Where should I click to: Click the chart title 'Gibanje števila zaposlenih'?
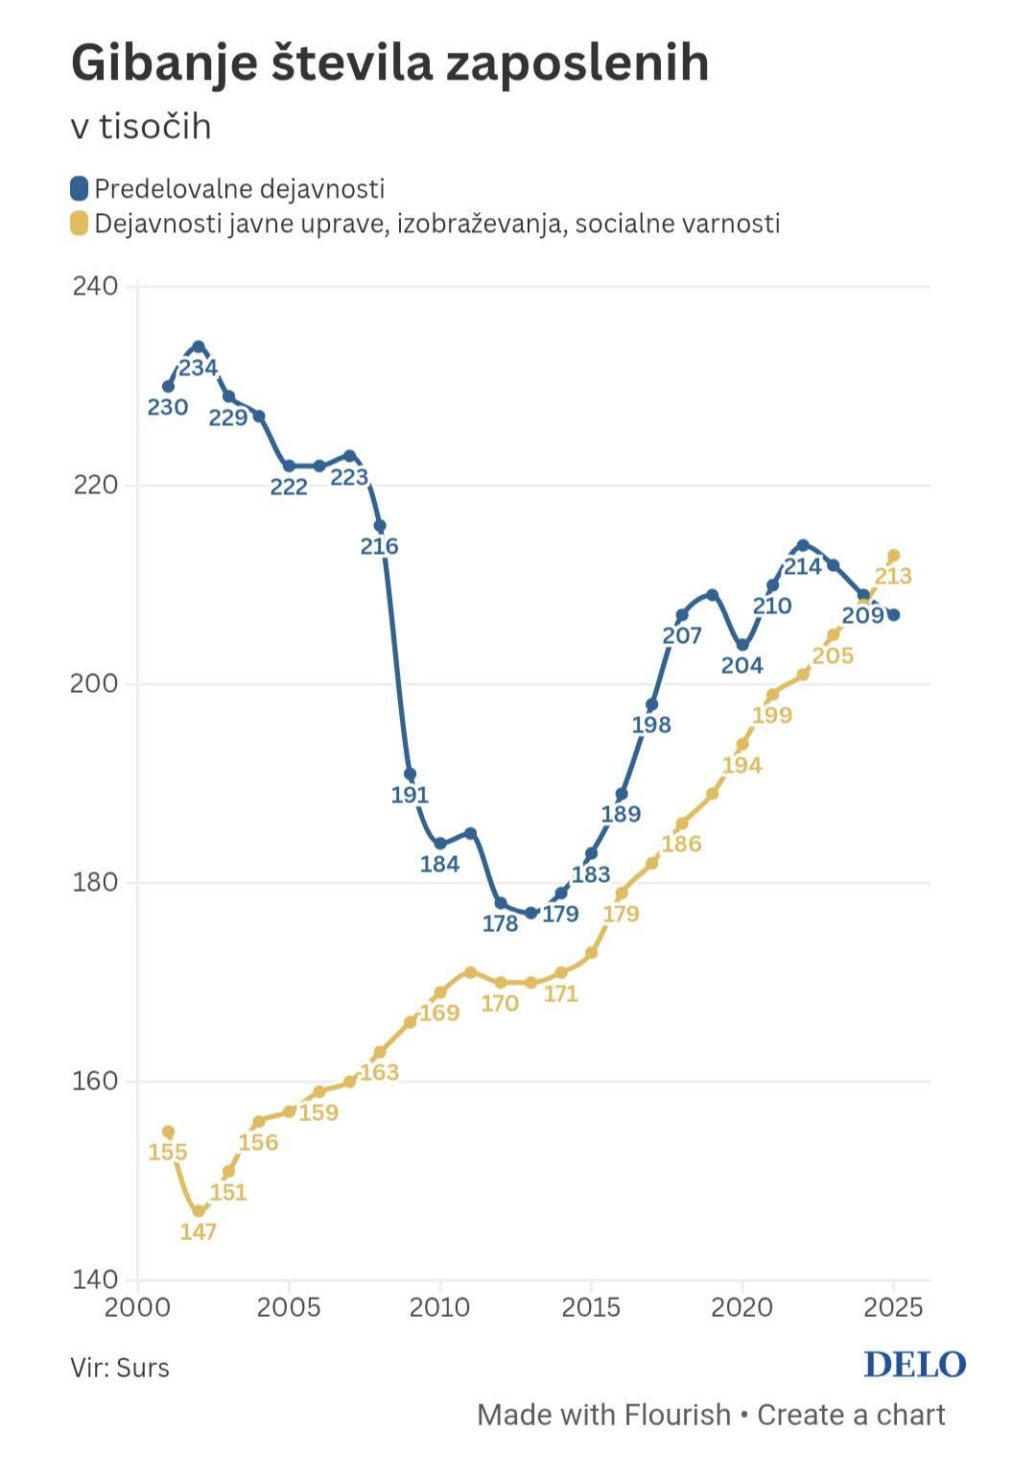point(389,64)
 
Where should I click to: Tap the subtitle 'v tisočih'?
point(141,127)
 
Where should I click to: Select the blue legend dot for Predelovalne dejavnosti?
point(80,188)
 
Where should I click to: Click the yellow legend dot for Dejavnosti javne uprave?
point(80,224)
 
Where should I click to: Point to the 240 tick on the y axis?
point(95,287)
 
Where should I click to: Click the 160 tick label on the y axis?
point(95,1082)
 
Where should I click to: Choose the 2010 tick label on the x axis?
point(439,1307)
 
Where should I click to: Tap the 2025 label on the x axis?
point(892,1307)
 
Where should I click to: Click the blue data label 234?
point(199,368)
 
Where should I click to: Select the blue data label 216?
point(379,547)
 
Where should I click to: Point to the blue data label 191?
point(410,796)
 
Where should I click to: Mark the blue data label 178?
point(500,924)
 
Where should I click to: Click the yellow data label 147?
point(199,1232)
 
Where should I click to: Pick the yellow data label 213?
point(893,577)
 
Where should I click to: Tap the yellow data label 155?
point(168,1153)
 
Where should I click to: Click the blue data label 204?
point(742,666)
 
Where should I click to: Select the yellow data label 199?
point(772,716)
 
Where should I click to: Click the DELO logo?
point(914,1365)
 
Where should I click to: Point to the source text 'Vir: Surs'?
point(120,1368)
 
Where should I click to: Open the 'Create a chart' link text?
point(851,1415)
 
